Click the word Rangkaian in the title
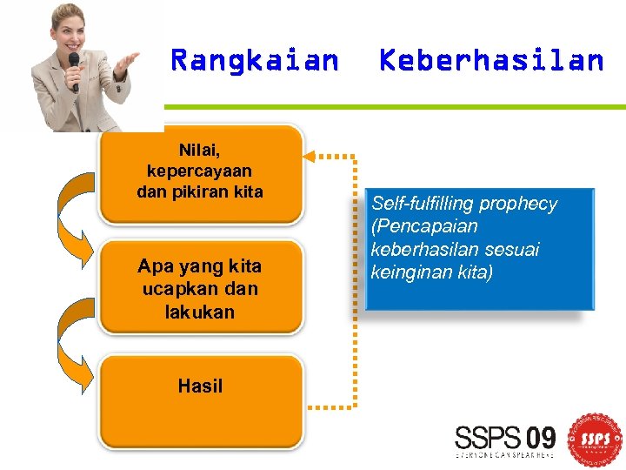(255, 60)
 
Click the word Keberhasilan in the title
(491, 60)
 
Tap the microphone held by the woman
(74, 66)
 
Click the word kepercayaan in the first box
(199, 170)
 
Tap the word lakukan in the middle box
(199, 311)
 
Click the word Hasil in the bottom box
(200, 386)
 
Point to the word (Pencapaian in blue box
(424, 226)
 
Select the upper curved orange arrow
(73, 210)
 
